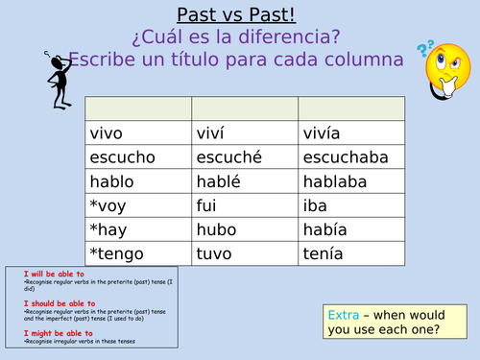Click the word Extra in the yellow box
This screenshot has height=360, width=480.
click(x=343, y=313)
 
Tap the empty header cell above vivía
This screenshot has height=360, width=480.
click(x=351, y=107)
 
